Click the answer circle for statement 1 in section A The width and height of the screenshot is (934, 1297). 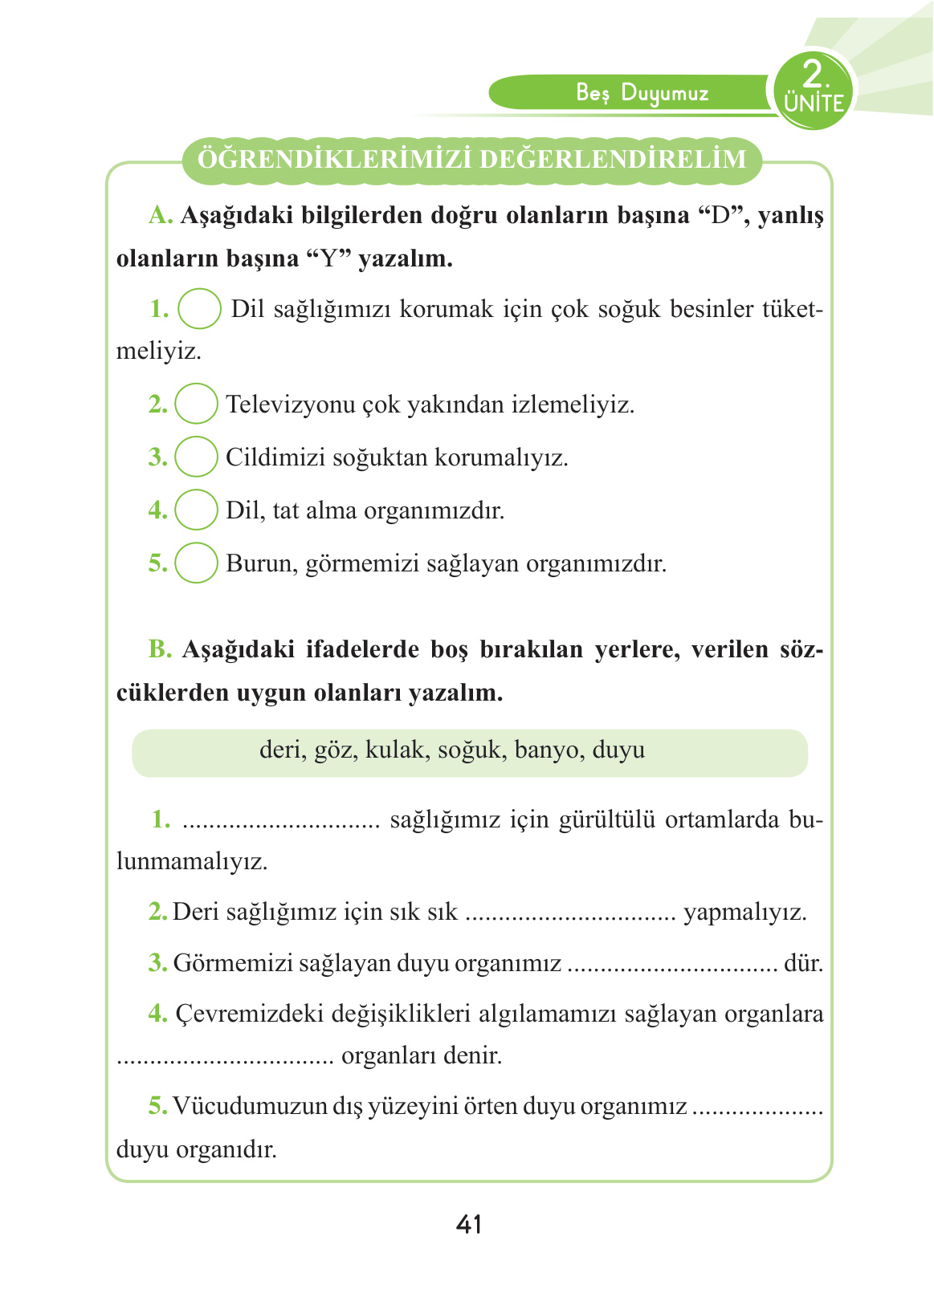(x=199, y=309)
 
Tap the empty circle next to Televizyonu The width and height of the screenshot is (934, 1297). (x=196, y=404)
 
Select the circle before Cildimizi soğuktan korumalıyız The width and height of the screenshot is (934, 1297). (x=196, y=457)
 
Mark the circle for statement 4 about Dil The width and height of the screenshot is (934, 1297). (x=196, y=510)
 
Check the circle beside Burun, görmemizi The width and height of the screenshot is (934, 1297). (x=196, y=563)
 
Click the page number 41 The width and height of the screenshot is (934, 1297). (x=468, y=1224)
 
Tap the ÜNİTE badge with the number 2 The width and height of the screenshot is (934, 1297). (x=814, y=89)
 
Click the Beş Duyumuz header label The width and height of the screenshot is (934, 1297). (x=642, y=93)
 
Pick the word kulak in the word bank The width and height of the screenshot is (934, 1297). (x=394, y=750)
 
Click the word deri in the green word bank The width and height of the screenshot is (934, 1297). (x=281, y=750)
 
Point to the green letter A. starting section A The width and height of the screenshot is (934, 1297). (x=161, y=215)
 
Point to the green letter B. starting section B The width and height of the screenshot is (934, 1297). (x=161, y=649)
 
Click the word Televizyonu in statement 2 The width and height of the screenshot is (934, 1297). (x=291, y=404)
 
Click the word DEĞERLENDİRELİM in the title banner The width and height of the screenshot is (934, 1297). (x=614, y=159)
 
